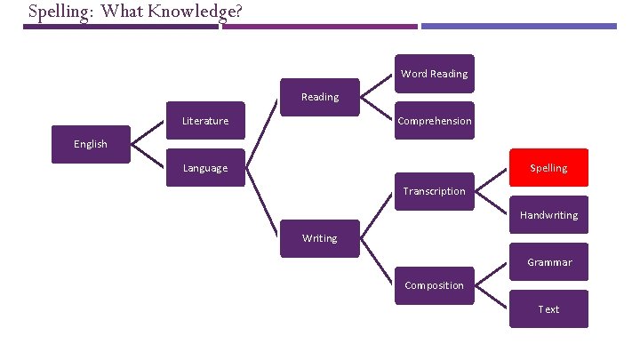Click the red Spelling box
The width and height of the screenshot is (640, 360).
(548, 167)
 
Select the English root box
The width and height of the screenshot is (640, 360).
(91, 144)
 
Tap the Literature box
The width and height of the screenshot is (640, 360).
(205, 121)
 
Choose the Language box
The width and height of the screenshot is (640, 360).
(205, 168)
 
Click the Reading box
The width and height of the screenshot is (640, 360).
(320, 97)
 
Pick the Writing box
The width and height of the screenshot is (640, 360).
(320, 238)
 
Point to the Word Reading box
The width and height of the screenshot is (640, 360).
(434, 74)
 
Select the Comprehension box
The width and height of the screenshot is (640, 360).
(434, 121)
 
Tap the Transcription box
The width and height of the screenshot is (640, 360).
(434, 191)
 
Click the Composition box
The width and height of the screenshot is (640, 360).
(434, 285)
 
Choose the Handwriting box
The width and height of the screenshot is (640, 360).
(548, 215)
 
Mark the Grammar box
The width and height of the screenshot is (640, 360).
(548, 262)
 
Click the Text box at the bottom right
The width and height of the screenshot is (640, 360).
(548, 309)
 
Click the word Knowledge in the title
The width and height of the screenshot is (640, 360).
(195, 12)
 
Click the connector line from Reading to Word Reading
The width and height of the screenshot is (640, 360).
(378, 84)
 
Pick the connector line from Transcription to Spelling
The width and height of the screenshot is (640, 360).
(492, 180)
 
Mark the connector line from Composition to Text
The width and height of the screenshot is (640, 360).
(492, 298)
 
